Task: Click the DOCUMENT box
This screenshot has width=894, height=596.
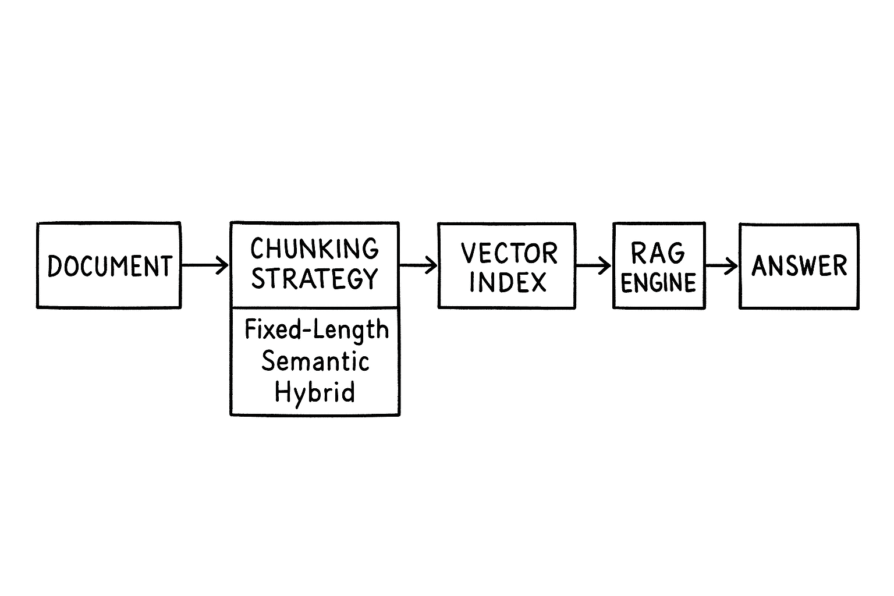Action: pyautogui.click(x=109, y=265)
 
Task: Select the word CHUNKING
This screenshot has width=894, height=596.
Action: pyautogui.click(x=314, y=249)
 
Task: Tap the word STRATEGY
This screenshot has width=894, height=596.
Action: pyautogui.click(x=314, y=279)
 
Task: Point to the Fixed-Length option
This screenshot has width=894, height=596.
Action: pyautogui.click(x=316, y=330)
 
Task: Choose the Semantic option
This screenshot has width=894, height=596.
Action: pyautogui.click(x=315, y=361)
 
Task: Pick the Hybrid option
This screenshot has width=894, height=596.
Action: pyautogui.click(x=314, y=392)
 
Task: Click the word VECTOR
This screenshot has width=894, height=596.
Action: pyautogui.click(x=509, y=253)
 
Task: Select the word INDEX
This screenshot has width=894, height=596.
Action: pyautogui.click(x=508, y=283)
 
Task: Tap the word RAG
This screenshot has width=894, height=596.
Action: pyautogui.click(x=658, y=253)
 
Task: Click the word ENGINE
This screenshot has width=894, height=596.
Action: pyautogui.click(x=658, y=283)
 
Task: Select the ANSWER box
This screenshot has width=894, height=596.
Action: pyautogui.click(x=799, y=266)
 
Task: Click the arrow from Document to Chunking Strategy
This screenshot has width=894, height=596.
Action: pyautogui.click(x=205, y=265)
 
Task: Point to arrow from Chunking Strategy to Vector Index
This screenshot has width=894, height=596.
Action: pyautogui.click(x=418, y=266)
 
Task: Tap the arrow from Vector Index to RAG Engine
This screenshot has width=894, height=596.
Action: pyautogui.click(x=594, y=266)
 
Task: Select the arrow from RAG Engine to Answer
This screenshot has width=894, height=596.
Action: pyautogui.click(x=722, y=266)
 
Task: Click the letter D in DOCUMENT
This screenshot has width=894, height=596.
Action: pyautogui.click(x=55, y=267)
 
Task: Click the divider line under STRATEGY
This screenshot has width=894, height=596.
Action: pyautogui.click(x=315, y=307)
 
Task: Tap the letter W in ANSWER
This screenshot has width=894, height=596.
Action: pyautogui.click(x=807, y=267)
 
